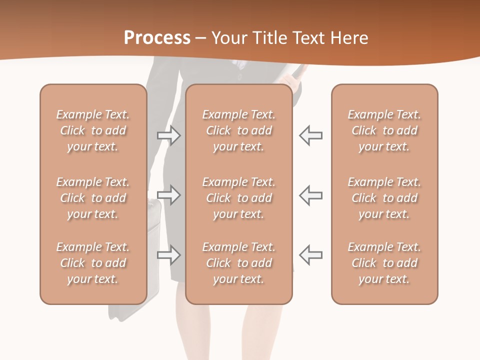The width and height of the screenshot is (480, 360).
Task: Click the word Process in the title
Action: (157, 38)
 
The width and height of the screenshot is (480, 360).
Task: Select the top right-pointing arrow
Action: (169, 135)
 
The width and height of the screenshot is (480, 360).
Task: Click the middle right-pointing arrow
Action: (169, 195)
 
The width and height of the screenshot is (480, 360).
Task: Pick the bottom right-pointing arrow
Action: (169, 254)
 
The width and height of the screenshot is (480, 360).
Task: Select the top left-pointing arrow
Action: (311, 135)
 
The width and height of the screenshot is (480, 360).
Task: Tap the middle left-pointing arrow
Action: (311, 195)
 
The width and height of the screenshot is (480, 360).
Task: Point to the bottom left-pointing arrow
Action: (311, 254)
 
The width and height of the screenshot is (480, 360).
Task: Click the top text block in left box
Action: (93, 130)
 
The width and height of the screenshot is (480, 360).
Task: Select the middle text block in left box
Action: (93, 198)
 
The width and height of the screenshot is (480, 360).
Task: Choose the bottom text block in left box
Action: (93, 263)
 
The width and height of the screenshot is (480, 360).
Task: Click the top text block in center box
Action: (238, 130)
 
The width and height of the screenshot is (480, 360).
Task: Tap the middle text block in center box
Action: (238, 198)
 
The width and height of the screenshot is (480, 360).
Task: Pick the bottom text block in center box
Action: (238, 263)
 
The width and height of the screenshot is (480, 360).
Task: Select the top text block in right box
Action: (384, 130)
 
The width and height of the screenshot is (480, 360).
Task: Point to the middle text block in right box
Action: (384, 198)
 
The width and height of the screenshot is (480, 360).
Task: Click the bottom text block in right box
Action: (384, 263)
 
